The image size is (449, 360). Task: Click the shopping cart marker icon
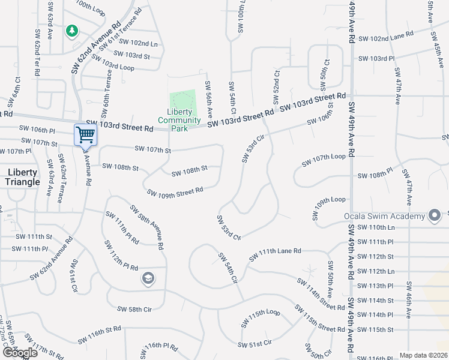point(86,134)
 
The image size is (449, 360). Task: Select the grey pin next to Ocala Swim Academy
point(435,215)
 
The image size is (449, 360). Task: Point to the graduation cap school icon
point(148,278)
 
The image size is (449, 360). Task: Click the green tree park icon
point(71,31)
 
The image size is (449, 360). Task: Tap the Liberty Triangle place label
point(23,177)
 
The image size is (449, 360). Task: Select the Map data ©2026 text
point(423,355)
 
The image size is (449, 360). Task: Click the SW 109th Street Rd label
point(175,191)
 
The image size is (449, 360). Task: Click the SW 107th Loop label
point(324,160)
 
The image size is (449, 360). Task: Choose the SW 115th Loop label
point(261,318)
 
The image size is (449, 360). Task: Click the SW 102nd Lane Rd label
point(385,37)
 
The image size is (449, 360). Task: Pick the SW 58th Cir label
point(134,309)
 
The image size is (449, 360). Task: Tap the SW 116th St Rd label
point(100,336)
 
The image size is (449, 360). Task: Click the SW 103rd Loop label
point(113,64)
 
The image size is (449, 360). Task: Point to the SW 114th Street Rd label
point(321,293)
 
